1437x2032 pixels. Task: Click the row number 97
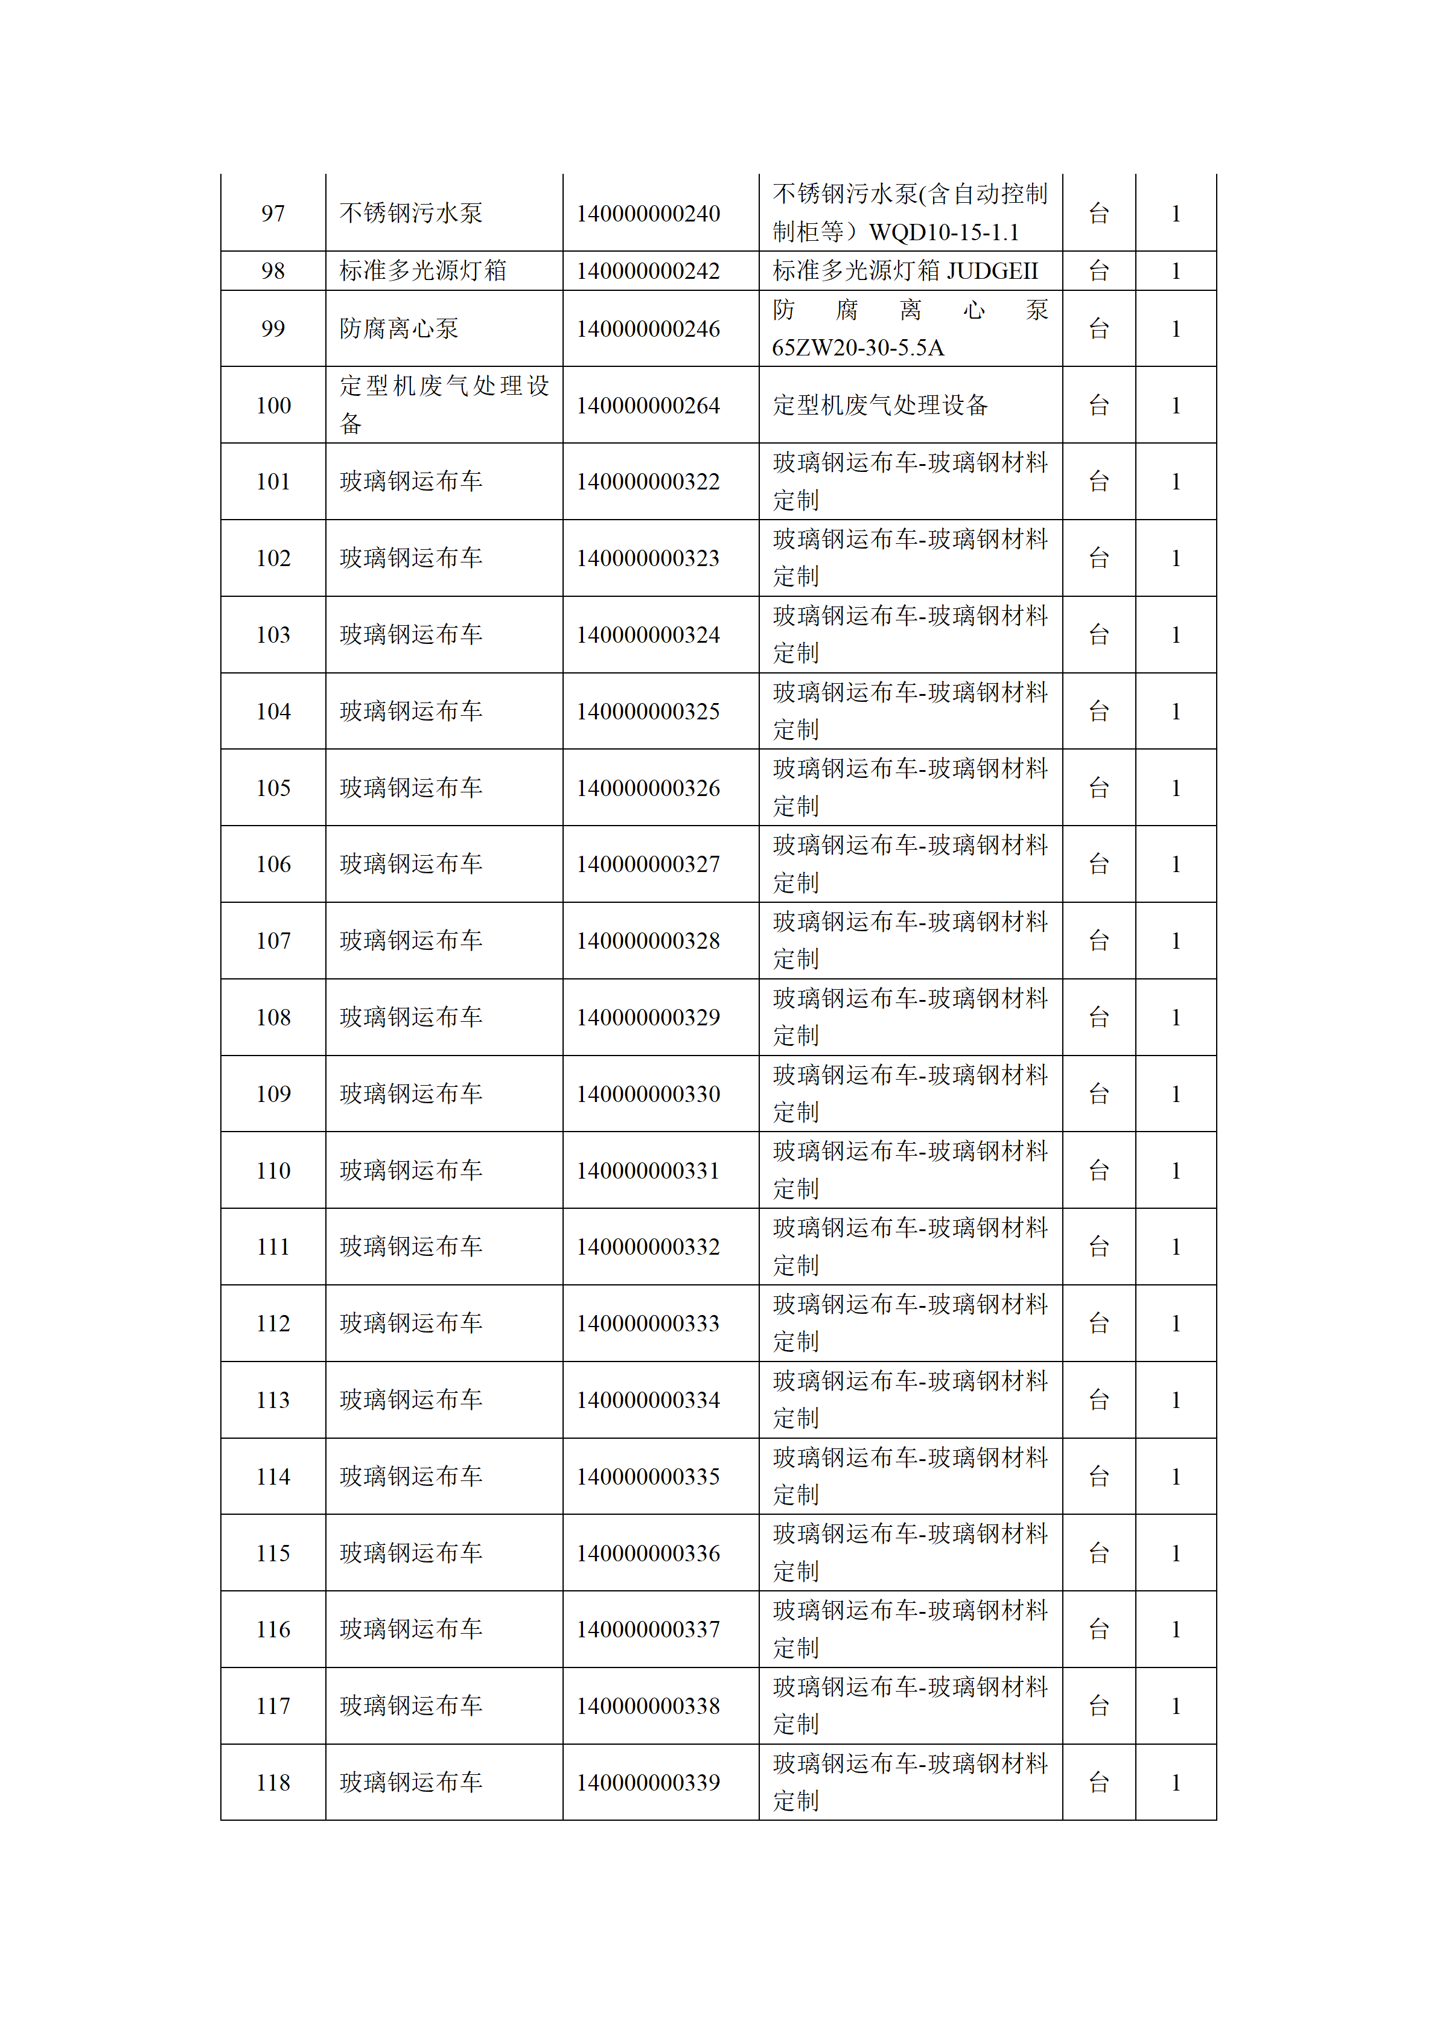click(x=273, y=213)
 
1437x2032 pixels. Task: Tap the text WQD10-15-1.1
click(x=943, y=233)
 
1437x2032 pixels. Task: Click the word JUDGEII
click(x=992, y=271)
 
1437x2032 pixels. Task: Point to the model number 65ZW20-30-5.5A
click(x=858, y=348)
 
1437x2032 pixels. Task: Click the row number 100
click(x=273, y=406)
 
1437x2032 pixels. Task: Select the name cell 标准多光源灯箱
click(x=423, y=271)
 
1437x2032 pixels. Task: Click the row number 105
click(x=273, y=788)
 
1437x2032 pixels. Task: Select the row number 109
click(x=273, y=1094)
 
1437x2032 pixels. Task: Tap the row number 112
click(x=273, y=1323)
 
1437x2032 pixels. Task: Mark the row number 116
click(x=273, y=1629)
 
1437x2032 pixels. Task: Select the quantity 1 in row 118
click(x=1175, y=1782)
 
